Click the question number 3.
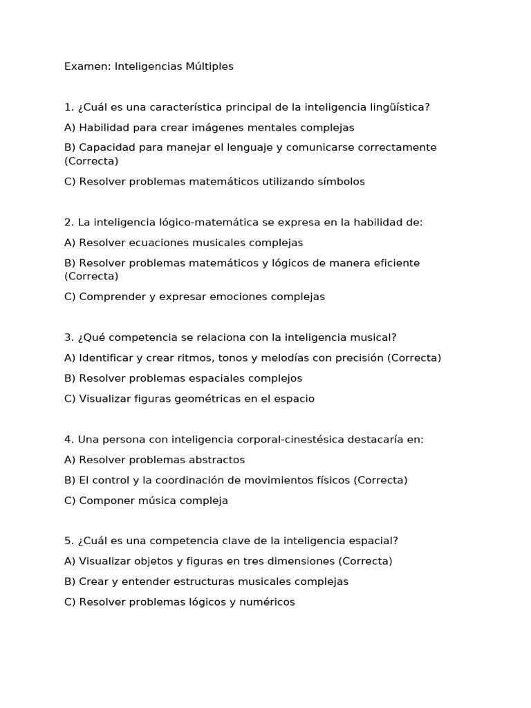pos(68,337)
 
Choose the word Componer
pos(105,501)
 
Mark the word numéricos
pos(267,602)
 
